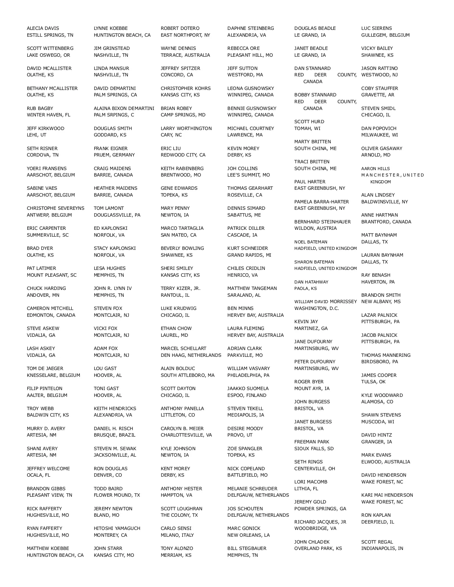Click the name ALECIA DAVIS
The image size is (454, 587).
point(43,28)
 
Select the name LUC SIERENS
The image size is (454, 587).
point(376,28)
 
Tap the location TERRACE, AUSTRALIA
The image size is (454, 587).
point(185,55)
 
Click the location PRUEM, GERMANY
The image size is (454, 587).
point(114,155)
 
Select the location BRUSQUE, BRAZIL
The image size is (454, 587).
point(114,435)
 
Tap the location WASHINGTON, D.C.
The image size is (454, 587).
point(317,308)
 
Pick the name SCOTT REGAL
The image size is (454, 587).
point(377,542)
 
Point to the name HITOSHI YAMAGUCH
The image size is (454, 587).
point(117,528)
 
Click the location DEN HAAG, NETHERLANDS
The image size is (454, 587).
point(191,355)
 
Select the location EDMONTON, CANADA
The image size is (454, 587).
point(51,315)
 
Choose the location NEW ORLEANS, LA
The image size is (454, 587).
point(248,535)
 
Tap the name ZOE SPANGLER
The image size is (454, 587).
point(244,449)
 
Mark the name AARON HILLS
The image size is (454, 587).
point(375,169)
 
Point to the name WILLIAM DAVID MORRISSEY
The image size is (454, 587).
point(325,302)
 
